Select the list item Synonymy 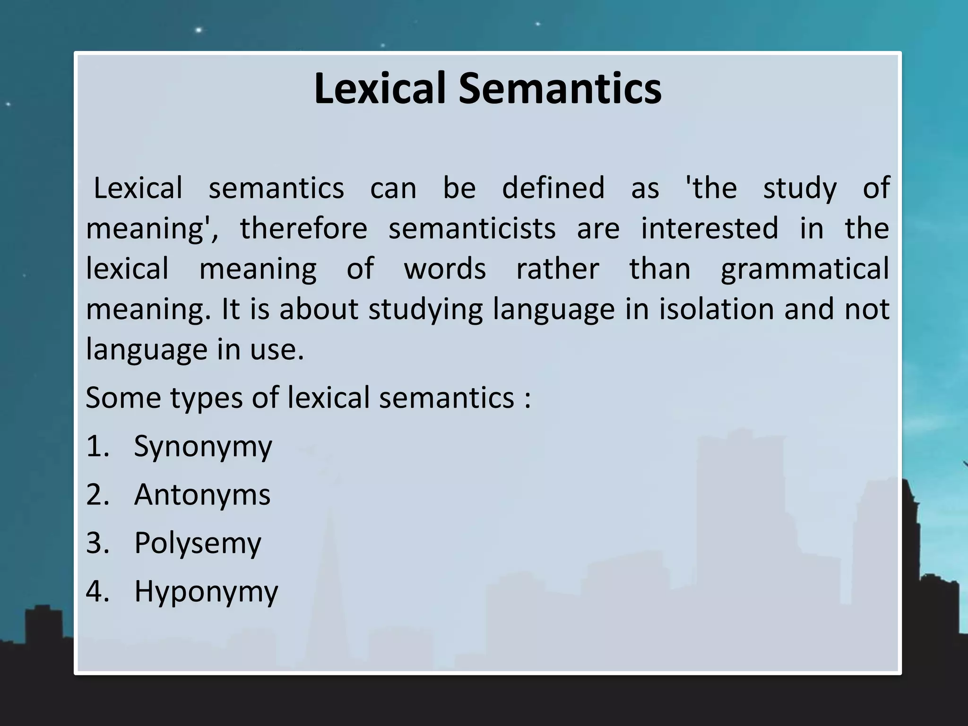[x=203, y=447]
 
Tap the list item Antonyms [x=202, y=495]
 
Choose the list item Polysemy [x=197, y=544]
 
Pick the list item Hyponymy [x=206, y=592]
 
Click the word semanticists [x=472, y=228]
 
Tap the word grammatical [x=805, y=269]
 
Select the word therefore [x=303, y=228]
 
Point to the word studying [x=425, y=310]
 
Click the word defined [x=553, y=188]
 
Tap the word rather [x=557, y=269]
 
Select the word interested [x=709, y=228]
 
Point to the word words [x=445, y=269]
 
